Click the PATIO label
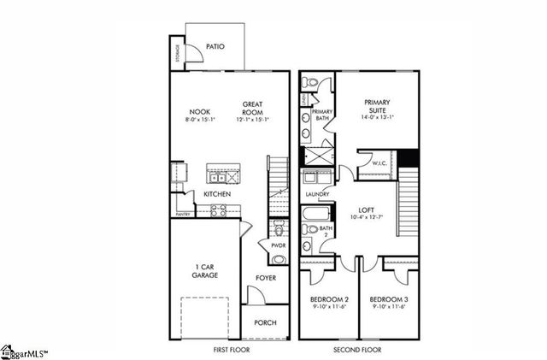(x=215, y=46)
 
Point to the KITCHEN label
(x=216, y=194)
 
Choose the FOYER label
(x=266, y=278)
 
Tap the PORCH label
(x=265, y=323)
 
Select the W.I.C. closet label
(x=379, y=162)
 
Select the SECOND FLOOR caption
(x=356, y=350)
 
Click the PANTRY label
(x=182, y=214)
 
